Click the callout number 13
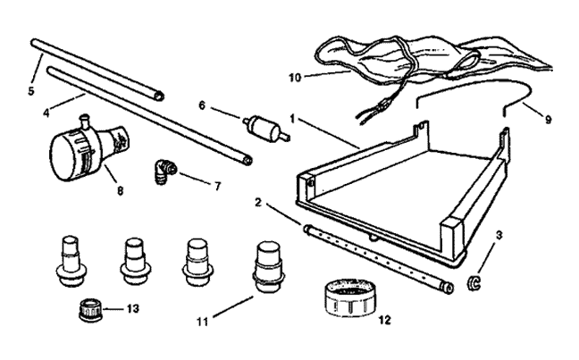pyautogui.click(x=132, y=308)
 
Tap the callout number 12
pyautogui.click(x=384, y=320)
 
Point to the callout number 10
pyautogui.click(x=295, y=78)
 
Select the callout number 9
pyautogui.click(x=548, y=120)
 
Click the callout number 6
pyautogui.click(x=202, y=105)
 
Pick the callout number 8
pyautogui.click(x=120, y=191)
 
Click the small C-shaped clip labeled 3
pyautogui.click(x=473, y=283)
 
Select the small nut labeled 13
pyautogui.click(x=90, y=310)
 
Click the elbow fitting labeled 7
pyautogui.click(x=164, y=172)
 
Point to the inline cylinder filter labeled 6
pyautogui.click(x=265, y=129)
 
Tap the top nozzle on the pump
pyautogui.click(x=86, y=121)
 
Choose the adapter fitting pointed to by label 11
pyautogui.click(x=268, y=267)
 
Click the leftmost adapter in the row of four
pyautogui.click(x=71, y=261)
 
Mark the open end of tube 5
pyautogui.click(x=159, y=96)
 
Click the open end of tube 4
pyautogui.click(x=248, y=160)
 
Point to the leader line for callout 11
pyautogui.click(x=233, y=306)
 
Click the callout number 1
pyautogui.click(x=292, y=119)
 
